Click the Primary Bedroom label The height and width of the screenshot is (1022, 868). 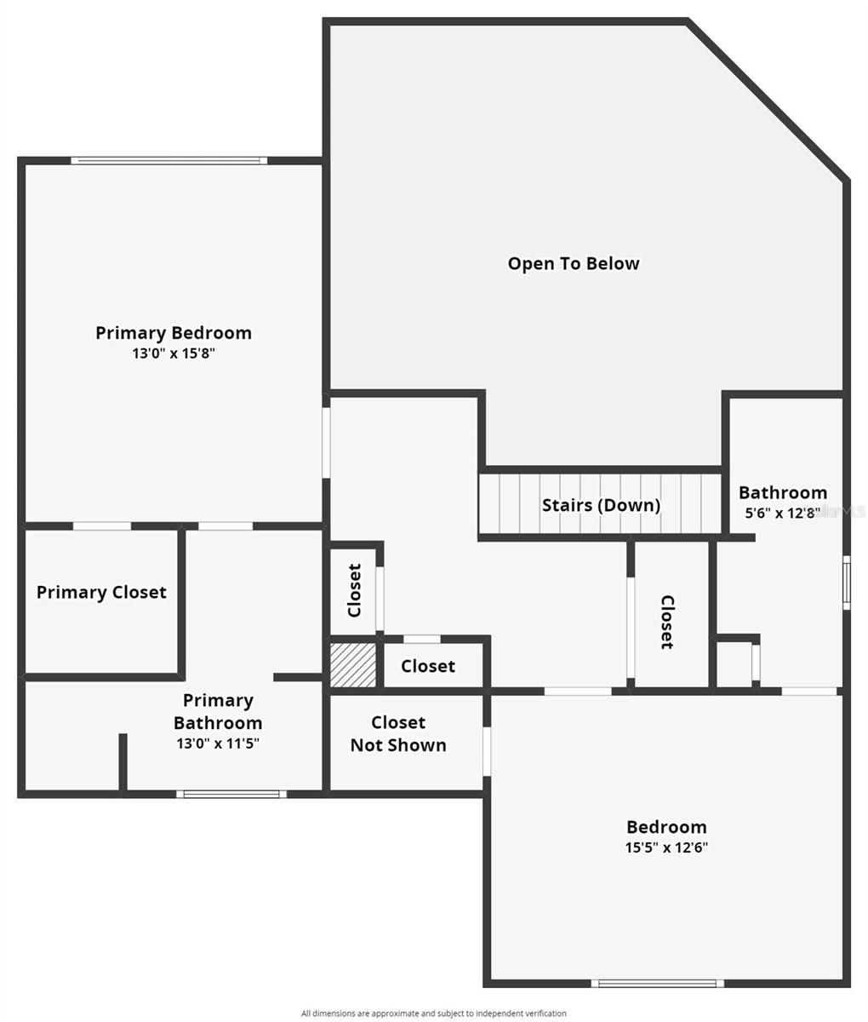174,333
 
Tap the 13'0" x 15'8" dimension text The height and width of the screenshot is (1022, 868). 174,353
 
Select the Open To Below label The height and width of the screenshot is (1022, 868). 574,263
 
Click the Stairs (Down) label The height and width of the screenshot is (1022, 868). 602,505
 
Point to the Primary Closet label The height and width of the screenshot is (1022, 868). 101,593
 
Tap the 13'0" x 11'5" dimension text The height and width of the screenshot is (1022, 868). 218,744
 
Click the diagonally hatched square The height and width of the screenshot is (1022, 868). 353,665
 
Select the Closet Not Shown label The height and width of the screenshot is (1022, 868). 398,734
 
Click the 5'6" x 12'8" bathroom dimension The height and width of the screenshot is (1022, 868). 783,513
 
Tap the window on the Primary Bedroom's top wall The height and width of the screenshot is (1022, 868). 169,160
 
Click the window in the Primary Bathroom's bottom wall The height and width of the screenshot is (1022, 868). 231,794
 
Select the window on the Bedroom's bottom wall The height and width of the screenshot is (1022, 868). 657,984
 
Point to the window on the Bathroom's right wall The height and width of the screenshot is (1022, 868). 847,583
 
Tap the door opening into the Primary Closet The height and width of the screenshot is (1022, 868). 102,526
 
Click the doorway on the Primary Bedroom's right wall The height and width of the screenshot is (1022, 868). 326,443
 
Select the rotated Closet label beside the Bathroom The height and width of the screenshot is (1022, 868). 667,622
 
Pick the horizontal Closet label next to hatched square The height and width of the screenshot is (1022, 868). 428,666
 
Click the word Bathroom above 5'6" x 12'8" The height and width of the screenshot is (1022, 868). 783,492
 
